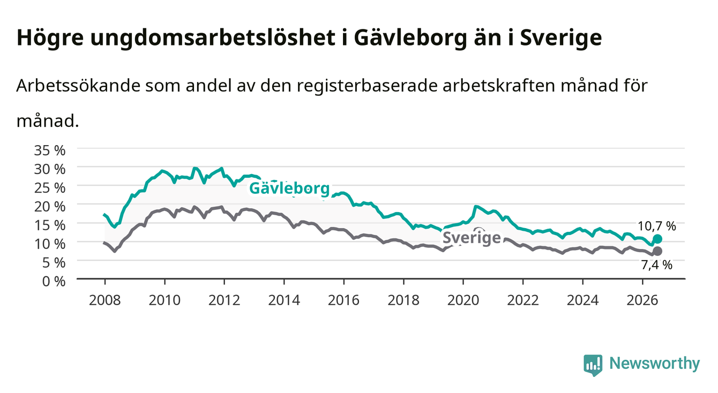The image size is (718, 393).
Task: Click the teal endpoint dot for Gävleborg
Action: coord(657,239)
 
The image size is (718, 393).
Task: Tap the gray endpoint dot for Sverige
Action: coord(657,251)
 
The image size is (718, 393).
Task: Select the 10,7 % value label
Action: coord(656,226)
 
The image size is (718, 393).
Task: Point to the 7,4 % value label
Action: coord(656,265)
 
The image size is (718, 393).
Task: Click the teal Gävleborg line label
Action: coord(289,188)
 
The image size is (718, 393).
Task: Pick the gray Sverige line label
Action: coord(472,238)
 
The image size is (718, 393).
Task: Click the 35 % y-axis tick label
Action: coord(50,150)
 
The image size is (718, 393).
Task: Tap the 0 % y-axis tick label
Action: coord(54,281)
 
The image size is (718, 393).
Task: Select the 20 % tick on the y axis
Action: coord(50,207)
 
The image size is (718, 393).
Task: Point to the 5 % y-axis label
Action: coord(54,263)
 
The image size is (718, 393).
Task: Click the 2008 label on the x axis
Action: coord(105,300)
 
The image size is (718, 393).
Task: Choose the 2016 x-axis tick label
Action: coord(343,300)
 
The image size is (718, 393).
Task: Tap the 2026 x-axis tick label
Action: coord(642,300)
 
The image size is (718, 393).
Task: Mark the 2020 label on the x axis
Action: coord(463,300)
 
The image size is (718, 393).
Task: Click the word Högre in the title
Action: coord(50,38)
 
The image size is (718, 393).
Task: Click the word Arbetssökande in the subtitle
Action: coord(78,86)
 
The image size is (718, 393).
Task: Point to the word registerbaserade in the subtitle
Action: coord(367,86)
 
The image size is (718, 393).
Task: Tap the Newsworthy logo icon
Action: coord(593,365)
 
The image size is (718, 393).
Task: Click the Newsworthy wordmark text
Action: coord(655,364)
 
